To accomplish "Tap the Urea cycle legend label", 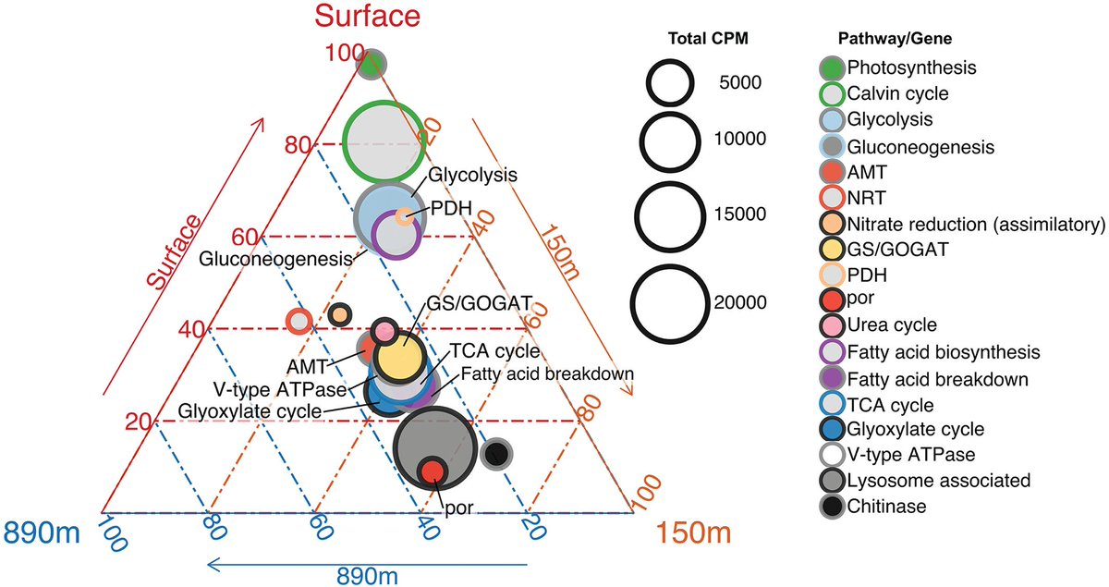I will click(x=892, y=325).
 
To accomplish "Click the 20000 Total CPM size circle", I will click(x=670, y=300).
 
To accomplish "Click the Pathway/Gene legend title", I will click(x=882, y=40).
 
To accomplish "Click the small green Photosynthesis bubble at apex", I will click(x=372, y=66).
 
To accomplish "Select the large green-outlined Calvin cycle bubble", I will click(x=382, y=141).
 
